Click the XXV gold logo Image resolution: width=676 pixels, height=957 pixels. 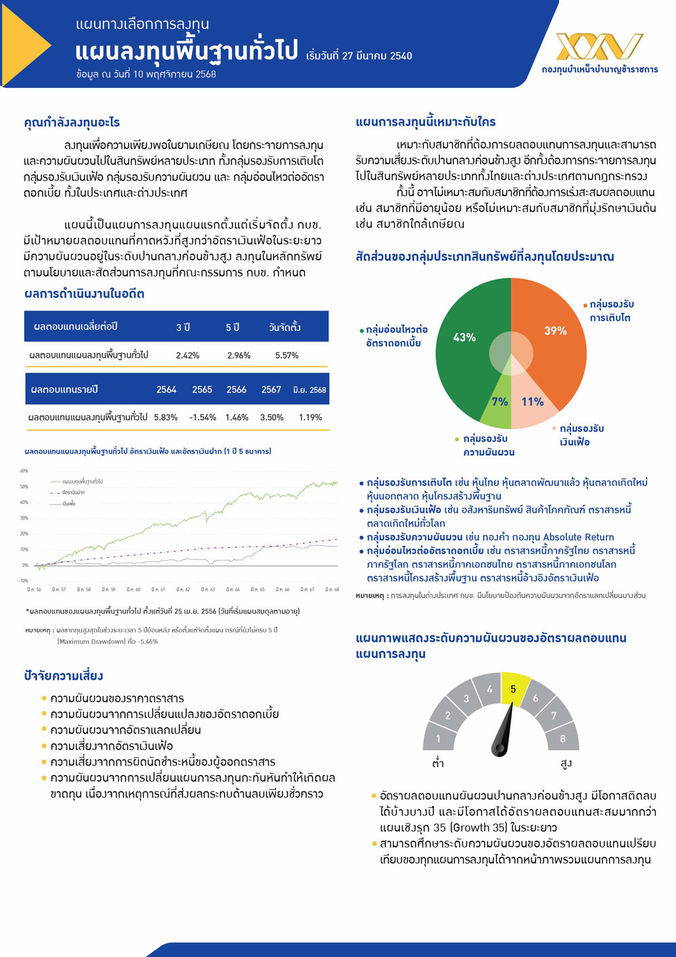click(599, 46)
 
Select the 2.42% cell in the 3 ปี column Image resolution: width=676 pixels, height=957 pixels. click(187, 355)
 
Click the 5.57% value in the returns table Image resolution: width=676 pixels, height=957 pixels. click(287, 355)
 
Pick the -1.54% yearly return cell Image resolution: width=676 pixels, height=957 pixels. click(203, 417)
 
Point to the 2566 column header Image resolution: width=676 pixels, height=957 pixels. click(237, 390)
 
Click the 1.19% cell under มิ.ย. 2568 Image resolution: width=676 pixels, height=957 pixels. click(310, 417)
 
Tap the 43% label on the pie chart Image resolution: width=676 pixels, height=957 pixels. click(464, 337)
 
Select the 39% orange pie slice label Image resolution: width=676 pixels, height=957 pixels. click(556, 330)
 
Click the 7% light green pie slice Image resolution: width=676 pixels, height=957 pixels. click(500, 402)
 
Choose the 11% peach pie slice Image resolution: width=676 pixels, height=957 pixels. click(533, 402)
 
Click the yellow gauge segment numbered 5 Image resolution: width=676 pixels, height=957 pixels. click(513, 689)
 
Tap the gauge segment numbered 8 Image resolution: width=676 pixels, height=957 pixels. click(562, 739)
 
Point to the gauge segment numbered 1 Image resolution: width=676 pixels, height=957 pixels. click(438, 739)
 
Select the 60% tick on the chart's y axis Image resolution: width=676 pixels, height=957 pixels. click(24, 471)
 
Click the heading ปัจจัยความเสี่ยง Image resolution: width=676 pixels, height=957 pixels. click(64, 676)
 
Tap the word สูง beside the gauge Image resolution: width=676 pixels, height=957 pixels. click(566, 764)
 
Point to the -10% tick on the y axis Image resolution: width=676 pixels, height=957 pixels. click(24, 580)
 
